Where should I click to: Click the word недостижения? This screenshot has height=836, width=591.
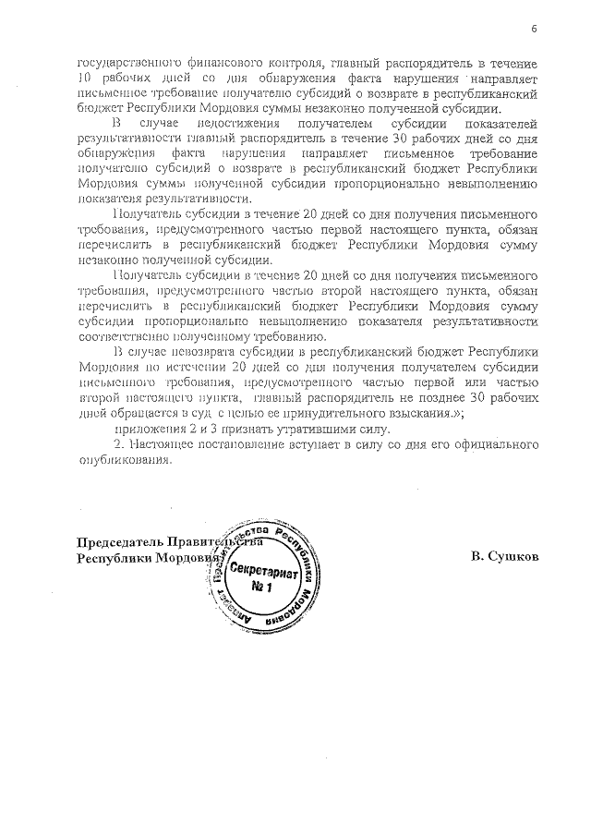point(214,122)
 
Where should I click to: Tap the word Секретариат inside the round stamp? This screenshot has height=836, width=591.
point(263,570)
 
